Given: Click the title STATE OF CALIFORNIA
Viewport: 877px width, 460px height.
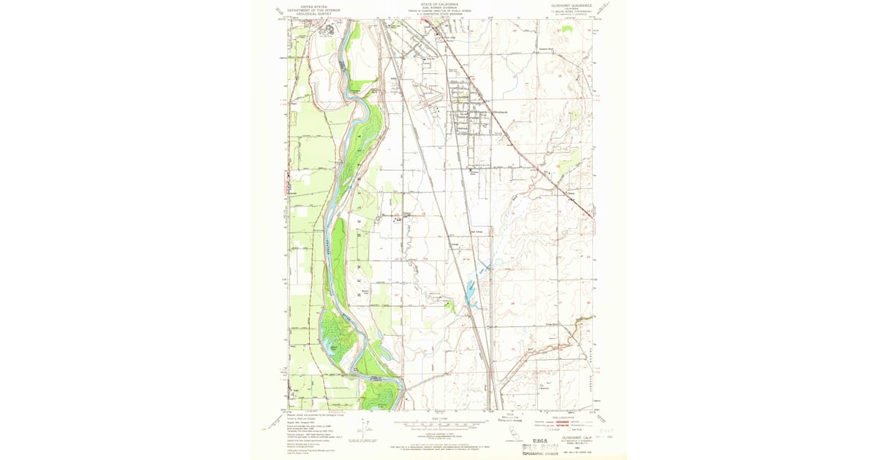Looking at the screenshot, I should [439, 4].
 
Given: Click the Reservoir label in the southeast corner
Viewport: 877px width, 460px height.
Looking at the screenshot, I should [544, 388].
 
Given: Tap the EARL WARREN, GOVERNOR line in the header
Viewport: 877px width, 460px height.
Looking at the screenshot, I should [439, 8].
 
